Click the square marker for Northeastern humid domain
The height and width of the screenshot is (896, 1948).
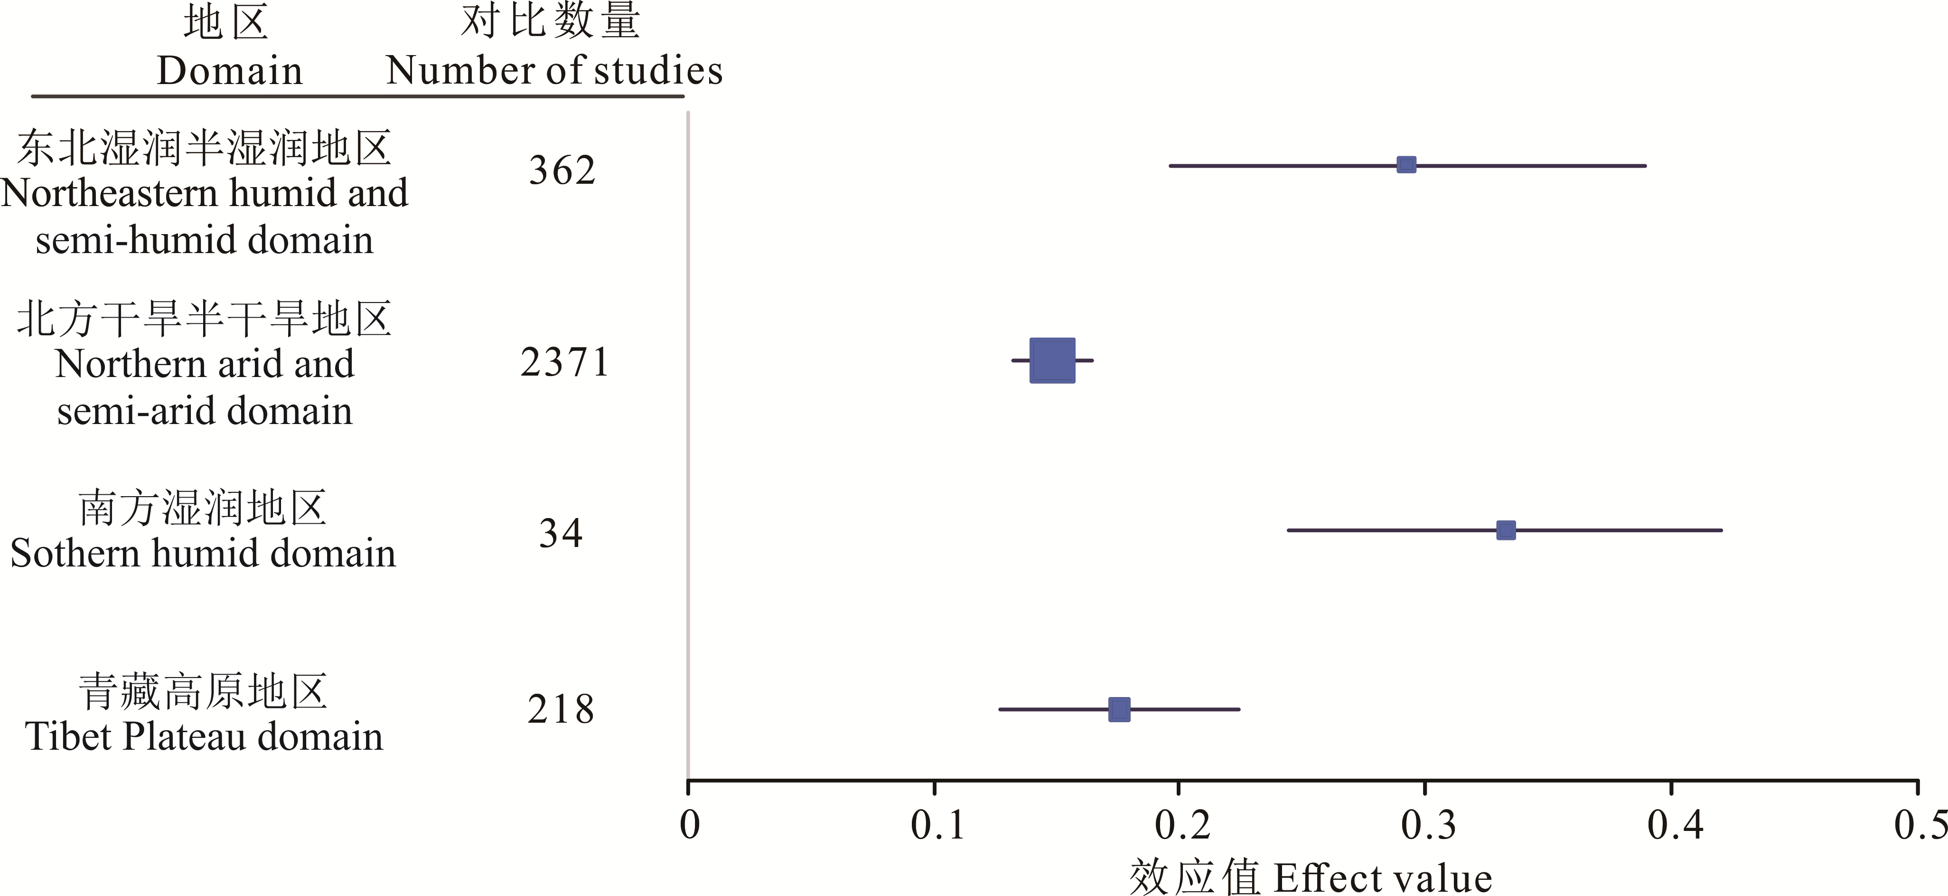tap(1406, 165)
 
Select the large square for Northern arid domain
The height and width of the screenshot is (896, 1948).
tap(1052, 360)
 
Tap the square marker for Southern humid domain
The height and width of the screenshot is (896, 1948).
tap(1506, 530)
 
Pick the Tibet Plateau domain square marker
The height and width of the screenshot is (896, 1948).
tap(1119, 710)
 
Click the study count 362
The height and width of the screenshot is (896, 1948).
tap(562, 170)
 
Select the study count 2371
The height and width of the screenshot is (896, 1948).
tap(564, 362)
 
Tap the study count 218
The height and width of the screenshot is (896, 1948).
tap(561, 710)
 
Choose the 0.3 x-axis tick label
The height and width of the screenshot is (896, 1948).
tap(1428, 825)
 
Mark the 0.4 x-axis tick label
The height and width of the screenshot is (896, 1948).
tap(1675, 825)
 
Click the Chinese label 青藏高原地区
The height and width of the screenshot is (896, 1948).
tap(203, 692)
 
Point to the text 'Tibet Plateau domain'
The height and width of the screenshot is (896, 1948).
tap(204, 736)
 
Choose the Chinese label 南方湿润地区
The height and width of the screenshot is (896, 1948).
tap(203, 508)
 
